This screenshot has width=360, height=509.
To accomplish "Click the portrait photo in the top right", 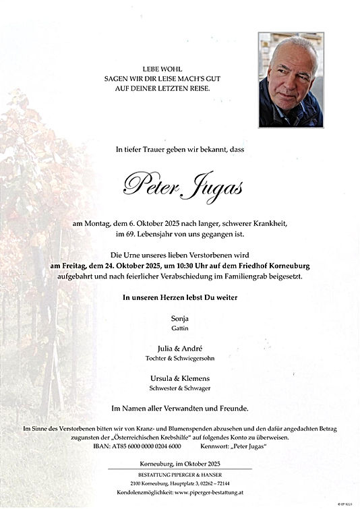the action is (x=291, y=80).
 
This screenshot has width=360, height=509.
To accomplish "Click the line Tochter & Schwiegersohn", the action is (x=179, y=359).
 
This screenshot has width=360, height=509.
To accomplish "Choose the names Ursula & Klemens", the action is (x=179, y=379).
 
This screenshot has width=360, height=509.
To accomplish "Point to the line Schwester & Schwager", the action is (x=179, y=389).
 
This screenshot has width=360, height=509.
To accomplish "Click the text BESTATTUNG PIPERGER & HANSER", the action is (x=179, y=474).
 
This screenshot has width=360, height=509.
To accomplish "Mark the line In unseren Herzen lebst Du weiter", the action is (x=179, y=297).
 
